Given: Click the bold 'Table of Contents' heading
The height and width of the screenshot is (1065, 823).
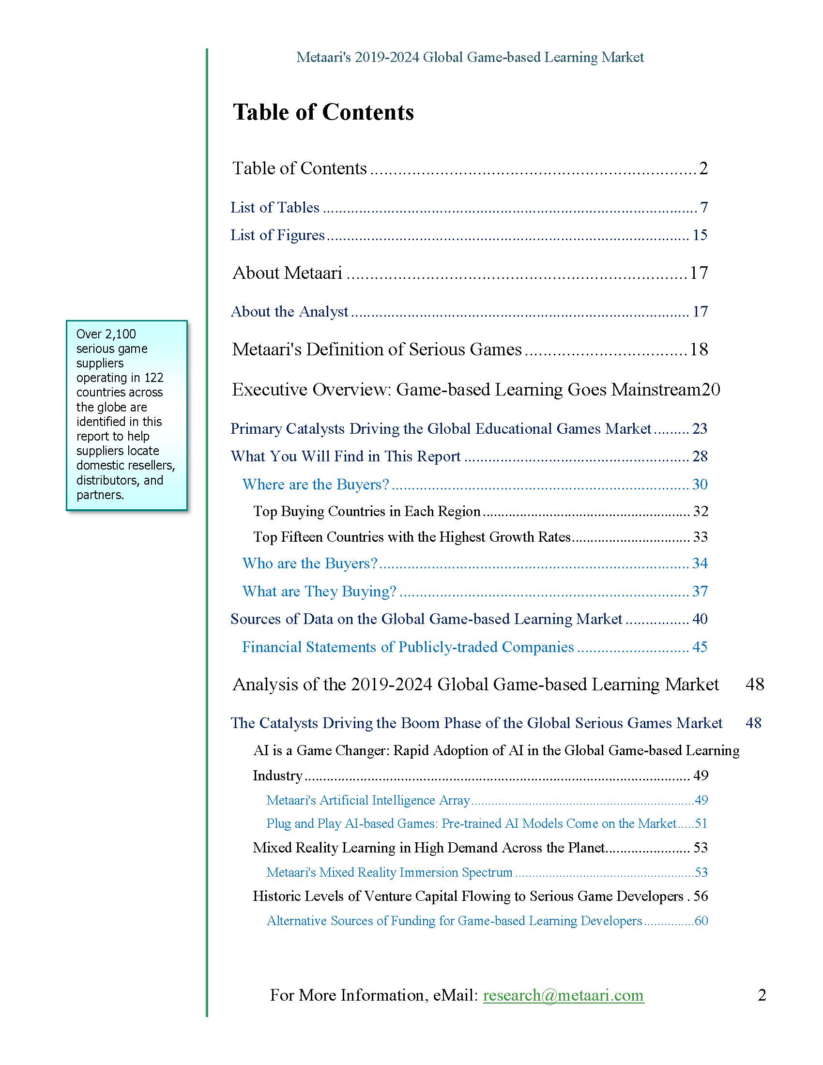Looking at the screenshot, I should [323, 112].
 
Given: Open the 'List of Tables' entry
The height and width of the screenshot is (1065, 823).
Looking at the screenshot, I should [275, 208].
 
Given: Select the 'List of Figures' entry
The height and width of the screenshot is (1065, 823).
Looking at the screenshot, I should [277, 236].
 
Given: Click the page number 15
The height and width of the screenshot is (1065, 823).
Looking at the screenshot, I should [700, 236].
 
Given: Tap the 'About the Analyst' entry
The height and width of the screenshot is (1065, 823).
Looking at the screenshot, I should [289, 312].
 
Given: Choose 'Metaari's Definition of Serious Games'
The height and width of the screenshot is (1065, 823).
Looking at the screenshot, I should [376, 350].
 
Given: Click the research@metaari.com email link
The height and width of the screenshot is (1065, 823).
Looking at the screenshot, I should [563, 995].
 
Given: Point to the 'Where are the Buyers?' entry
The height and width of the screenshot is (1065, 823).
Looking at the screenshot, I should [316, 484].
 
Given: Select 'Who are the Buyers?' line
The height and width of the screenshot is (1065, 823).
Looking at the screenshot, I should [310, 563].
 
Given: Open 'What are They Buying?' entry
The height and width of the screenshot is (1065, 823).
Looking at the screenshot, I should [320, 592].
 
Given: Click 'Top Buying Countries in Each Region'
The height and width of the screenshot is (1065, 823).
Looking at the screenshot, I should [366, 512].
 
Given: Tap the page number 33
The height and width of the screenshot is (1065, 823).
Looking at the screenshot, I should [700, 537].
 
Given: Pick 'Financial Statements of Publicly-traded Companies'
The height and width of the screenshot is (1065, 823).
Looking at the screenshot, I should [408, 647].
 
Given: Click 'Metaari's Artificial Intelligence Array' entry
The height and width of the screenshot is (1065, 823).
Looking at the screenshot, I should [367, 800].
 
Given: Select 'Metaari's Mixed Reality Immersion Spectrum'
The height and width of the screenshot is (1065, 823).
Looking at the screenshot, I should [389, 872].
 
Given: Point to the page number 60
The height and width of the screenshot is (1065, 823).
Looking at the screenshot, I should [701, 921].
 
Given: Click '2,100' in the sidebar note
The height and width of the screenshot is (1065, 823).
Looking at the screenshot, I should [121, 334].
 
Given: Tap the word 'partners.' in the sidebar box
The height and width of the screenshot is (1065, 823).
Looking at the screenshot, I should [100, 495].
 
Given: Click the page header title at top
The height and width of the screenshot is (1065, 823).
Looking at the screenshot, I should [470, 58].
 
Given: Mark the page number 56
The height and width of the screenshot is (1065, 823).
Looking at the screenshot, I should [701, 896].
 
